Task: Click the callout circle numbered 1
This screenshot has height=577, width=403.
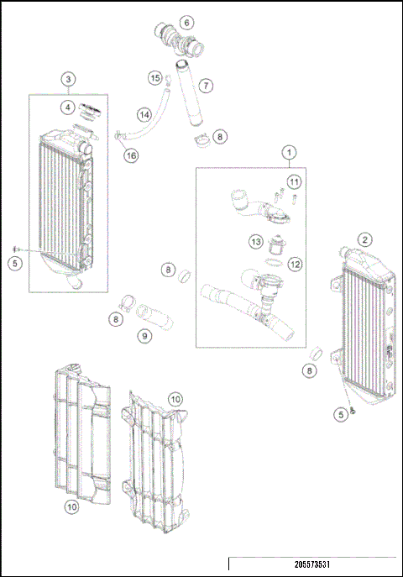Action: point(289,153)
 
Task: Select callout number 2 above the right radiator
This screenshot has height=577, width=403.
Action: point(364,239)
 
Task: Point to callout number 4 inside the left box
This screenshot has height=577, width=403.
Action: point(66,107)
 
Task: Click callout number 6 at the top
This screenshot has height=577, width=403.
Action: point(186,22)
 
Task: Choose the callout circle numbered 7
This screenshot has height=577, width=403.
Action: point(206,85)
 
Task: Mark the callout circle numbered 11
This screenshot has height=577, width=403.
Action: point(293,181)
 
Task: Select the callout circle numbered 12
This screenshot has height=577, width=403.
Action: point(295,264)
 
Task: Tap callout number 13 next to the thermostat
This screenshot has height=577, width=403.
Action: point(255,242)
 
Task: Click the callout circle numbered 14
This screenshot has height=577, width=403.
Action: point(144,114)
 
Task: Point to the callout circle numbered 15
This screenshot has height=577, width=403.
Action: point(154,78)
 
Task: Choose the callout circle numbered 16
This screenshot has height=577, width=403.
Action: point(132,156)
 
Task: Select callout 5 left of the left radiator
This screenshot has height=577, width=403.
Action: point(13,263)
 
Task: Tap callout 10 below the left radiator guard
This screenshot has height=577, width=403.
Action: point(71,506)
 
